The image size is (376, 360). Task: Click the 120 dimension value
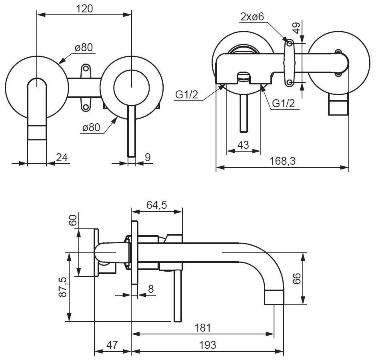point(84,9)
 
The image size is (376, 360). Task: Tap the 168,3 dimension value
point(282,161)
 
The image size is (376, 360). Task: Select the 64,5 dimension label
point(156,205)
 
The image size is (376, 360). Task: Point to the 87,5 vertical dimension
point(62,287)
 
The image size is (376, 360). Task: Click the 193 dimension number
point(208,345)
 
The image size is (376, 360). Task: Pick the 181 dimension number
point(203,328)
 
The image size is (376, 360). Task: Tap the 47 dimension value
point(112,345)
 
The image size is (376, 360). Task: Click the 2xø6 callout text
point(252,17)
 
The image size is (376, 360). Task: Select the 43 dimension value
point(243,145)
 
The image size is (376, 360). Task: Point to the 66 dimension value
point(297,278)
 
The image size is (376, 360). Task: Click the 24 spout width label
point(62,158)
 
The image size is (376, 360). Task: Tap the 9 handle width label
point(148,158)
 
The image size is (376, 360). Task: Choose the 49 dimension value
point(296,28)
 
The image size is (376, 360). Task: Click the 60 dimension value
point(73,220)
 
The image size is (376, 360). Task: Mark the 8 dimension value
point(151,289)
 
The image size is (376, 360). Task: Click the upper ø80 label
point(84,48)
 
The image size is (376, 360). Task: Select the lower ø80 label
point(91,127)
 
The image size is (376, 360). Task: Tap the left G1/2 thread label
point(187,95)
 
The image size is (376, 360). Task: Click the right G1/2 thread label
point(284,104)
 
